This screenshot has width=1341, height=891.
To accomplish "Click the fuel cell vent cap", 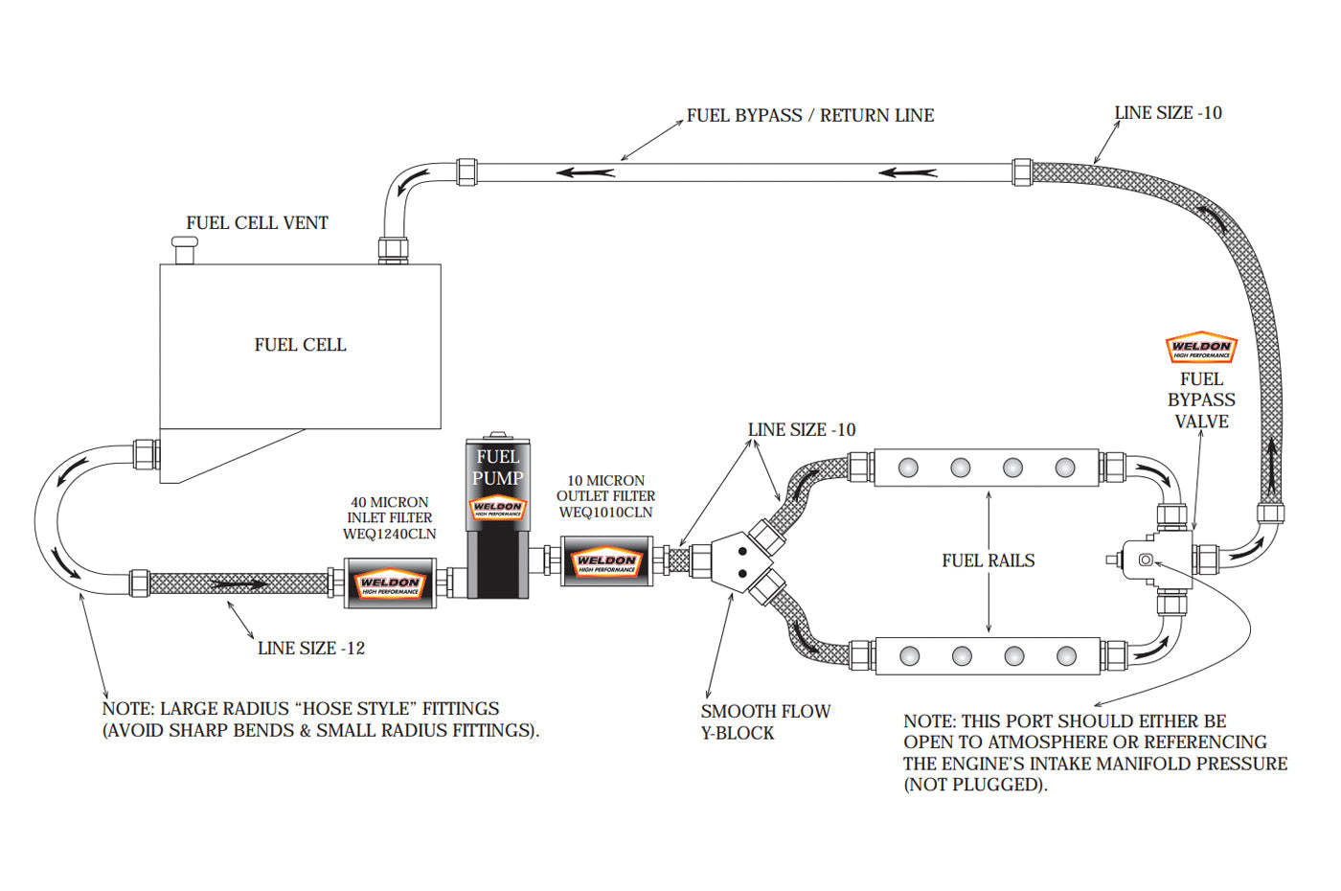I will (x=184, y=250).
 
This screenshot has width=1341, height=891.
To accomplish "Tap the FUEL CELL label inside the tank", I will (x=300, y=345).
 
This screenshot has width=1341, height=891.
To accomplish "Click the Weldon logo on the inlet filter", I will (x=390, y=584).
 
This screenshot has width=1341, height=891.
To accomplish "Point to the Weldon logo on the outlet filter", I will (x=606, y=563).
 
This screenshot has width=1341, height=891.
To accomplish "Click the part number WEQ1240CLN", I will (x=389, y=534).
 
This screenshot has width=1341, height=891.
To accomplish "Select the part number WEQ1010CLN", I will (x=605, y=513).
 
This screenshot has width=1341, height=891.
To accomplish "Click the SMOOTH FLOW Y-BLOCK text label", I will (x=764, y=722).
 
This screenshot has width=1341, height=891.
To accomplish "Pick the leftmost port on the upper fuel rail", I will (x=908, y=468).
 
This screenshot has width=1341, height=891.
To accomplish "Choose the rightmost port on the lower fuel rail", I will (x=1066, y=656).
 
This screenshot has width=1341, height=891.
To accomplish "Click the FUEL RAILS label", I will (x=988, y=560).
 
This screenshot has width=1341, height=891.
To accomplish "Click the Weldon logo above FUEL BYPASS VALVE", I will (x=1201, y=349).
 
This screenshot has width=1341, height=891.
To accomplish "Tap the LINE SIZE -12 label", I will (x=310, y=649).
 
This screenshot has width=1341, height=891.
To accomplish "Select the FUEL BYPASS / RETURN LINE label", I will (x=809, y=116).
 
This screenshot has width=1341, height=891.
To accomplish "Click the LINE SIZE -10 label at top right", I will (x=1168, y=113).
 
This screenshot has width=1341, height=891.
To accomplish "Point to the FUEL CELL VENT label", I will (x=257, y=223).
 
